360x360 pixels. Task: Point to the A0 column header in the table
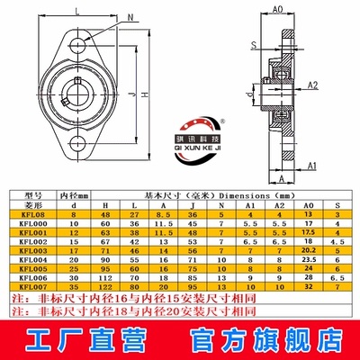pyautogui.click(x=309, y=204)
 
